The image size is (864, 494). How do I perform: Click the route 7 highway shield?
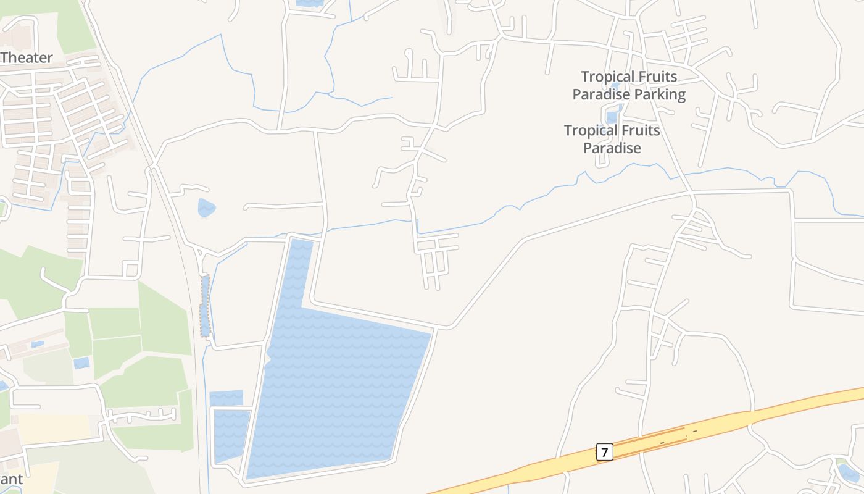click(x=604, y=452)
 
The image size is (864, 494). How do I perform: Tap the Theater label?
click(x=27, y=58)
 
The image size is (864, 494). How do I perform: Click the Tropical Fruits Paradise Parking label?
click(x=629, y=86)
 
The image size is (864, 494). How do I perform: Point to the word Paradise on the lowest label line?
click(x=612, y=148)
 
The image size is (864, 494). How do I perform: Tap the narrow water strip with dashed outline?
click(x=205, y=306)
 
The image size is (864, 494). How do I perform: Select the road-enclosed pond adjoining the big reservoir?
click(x=231, y=435)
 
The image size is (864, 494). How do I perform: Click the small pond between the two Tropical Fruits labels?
click(x=612, y=115)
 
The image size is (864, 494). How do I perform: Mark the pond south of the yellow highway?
click(x=849, y=474)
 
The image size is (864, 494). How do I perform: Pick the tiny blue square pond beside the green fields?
click(x=81, y=363)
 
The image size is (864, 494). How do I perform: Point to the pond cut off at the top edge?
click(x=309, y=3)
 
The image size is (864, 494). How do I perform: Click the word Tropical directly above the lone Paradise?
click(x=590, y=131)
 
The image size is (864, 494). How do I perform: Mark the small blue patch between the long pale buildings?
click(x=38, y=344)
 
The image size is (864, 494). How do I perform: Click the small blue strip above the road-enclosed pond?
click(x=226, y=398)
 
